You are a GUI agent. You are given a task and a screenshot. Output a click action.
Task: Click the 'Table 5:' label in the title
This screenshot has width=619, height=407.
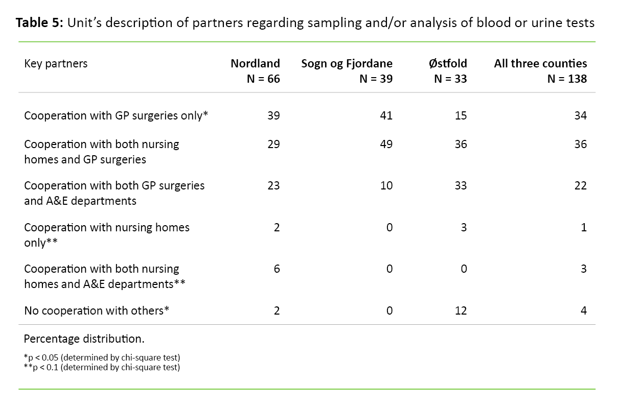pos(39,23)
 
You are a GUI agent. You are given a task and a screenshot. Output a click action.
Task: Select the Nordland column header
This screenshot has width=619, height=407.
pos(255,64)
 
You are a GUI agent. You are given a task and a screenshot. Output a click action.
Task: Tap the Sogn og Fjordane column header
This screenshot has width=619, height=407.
pos(347,64)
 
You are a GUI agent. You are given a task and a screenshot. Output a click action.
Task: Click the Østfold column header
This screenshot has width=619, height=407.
pos(448,64)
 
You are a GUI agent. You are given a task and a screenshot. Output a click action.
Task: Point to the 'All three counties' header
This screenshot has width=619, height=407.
pos(540,64)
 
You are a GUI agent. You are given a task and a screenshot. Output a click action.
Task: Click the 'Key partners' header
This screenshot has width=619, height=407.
pos(56,64)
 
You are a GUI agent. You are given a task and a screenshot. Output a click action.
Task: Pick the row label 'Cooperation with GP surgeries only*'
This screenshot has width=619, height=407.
pos(116,115)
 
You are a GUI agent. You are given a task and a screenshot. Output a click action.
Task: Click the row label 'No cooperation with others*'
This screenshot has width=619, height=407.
pos(97,310)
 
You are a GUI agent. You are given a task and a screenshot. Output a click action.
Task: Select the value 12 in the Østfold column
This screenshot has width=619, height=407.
pos(461,310)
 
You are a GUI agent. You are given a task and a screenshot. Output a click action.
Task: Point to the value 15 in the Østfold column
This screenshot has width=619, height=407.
pos(461,115)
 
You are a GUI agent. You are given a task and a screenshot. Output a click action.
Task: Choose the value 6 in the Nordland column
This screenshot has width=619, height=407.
pos(277,269)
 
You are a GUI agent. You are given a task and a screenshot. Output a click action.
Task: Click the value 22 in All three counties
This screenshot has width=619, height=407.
pos(580,185)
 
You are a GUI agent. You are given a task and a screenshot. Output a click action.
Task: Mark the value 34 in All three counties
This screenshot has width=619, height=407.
pos(580,115)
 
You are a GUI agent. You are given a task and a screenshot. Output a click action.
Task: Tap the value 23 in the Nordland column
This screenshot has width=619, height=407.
pos(273,185)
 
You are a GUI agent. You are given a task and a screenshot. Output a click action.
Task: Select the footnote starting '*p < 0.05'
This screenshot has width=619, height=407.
pos(102,357)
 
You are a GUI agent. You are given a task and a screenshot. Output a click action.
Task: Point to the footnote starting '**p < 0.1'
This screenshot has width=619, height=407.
pos(102,367)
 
